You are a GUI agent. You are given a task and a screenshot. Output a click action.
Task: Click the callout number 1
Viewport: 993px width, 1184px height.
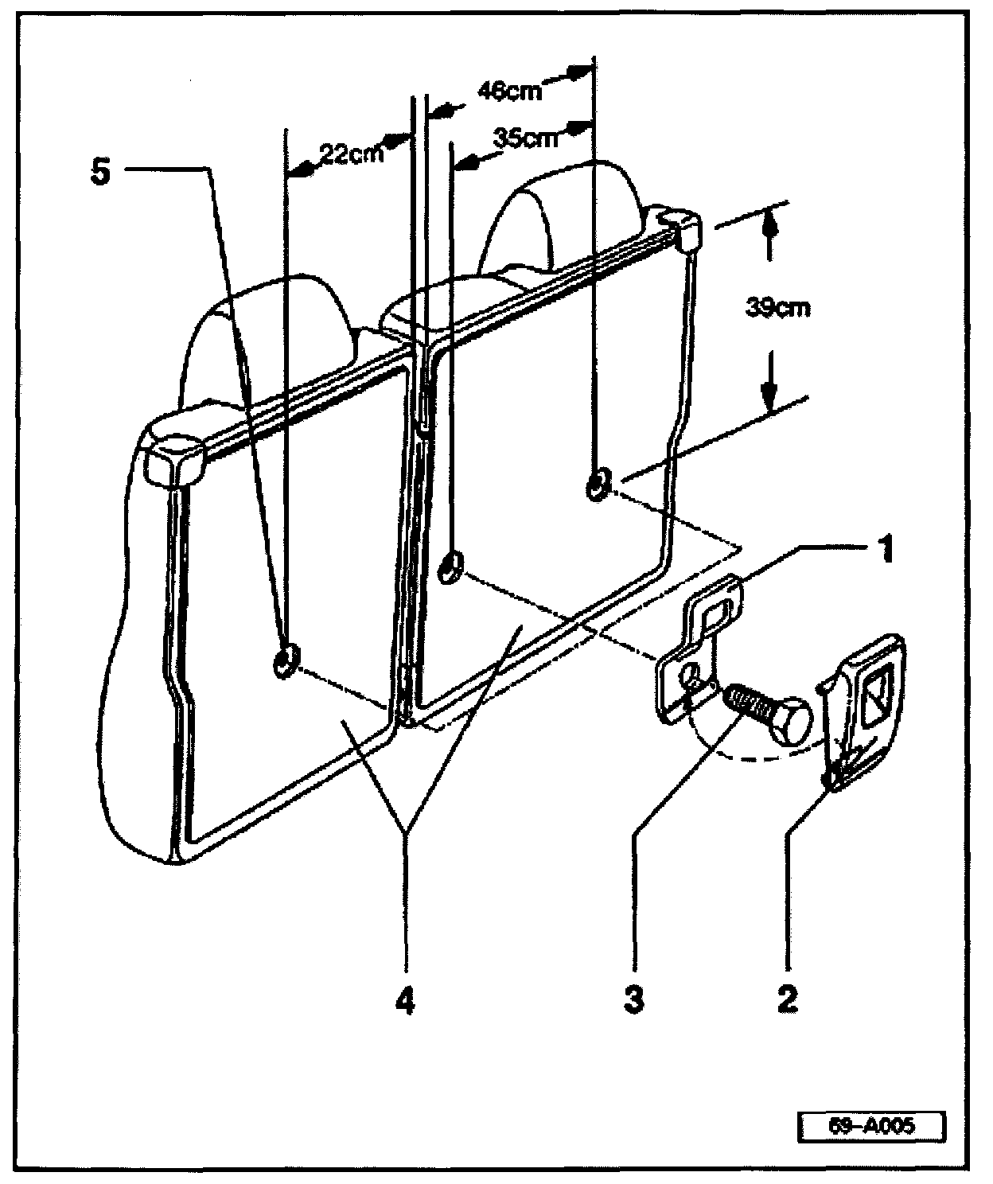884,550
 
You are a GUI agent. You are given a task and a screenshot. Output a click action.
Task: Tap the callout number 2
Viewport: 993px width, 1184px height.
787,999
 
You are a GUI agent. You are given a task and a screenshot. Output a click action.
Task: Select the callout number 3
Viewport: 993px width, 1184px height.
633,999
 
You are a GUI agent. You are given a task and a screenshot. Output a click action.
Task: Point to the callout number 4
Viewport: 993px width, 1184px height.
405,999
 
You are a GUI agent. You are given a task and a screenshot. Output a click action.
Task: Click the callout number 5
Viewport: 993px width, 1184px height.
101,173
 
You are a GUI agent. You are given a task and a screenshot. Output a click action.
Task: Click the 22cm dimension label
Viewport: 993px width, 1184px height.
351,152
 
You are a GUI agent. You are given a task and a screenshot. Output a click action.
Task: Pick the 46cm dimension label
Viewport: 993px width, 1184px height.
510,91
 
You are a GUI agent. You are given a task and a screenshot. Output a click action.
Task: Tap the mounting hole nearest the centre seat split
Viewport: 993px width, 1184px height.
451,568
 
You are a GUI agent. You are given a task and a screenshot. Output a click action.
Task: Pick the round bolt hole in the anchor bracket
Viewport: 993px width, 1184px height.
693,679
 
